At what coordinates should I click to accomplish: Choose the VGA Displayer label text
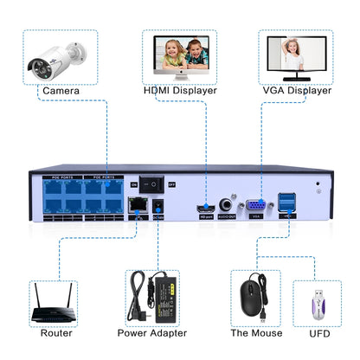pyautogui.click(x=295, y=90)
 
